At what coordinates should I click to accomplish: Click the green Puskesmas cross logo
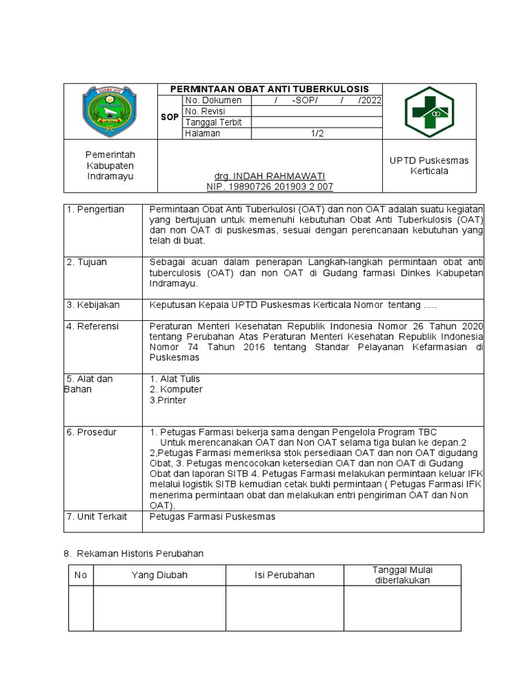tap(428, 112)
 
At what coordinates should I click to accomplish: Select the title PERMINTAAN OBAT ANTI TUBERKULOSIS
tap(269, 89)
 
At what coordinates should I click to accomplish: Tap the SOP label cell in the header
tap(170, 117)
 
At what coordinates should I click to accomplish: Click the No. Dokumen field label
tap(213, 100)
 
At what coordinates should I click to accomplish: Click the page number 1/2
tap(317, 134)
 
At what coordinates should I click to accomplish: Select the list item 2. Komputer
tap(176, 389)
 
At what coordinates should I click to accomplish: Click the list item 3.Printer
tap(167, 400)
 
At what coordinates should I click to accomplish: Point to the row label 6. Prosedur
tap(92, 432)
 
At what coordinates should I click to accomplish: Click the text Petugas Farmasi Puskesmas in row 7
tap(212, 517)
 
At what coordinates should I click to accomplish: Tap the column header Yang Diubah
tap(159, 575)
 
